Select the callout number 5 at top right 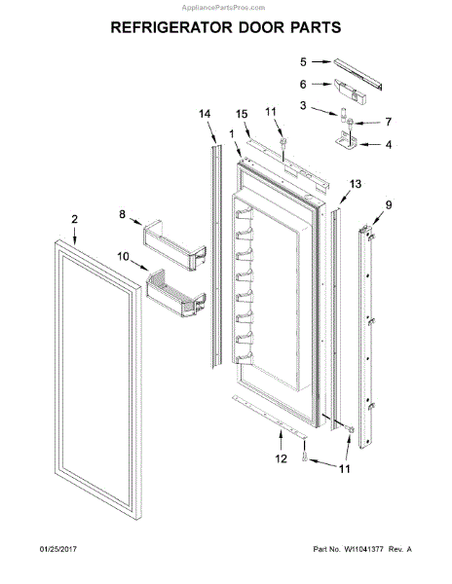point(302,61)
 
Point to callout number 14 point(205,115)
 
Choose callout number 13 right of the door point(356,184)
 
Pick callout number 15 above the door point(243,115)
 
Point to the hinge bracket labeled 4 point(353,143)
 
